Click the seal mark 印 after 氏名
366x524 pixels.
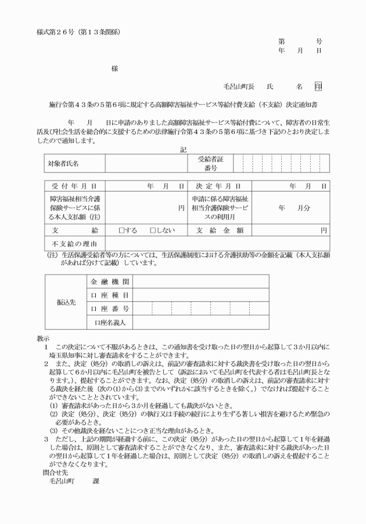tap(318, 86)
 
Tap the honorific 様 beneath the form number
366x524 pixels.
tap(114, 68)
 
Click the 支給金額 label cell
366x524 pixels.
tap(219, 230)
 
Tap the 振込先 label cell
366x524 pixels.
tap(65, 302)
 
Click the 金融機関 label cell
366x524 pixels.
tap(110, 281)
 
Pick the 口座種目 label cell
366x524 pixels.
tap(110, 295)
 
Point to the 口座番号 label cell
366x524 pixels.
tap(110, 308)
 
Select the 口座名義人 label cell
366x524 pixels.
tap(110, 322)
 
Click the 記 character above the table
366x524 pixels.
tap(183, 150)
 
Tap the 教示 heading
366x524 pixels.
tap(43, 337)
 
